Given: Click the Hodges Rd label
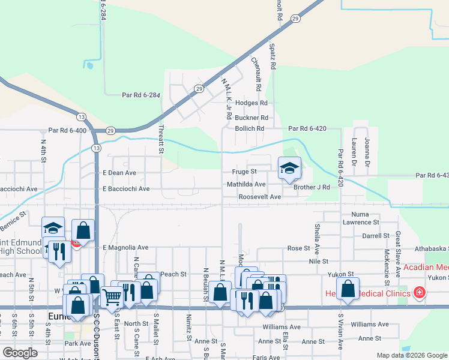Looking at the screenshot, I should [x=251, y=103].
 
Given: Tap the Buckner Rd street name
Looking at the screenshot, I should [x=251, y=118].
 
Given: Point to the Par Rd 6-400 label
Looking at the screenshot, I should [x=68, y=130].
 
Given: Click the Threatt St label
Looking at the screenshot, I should [x=161, y=139].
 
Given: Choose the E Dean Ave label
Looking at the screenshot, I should [x=119, y=173].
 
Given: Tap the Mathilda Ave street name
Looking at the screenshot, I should [x=246, y=184].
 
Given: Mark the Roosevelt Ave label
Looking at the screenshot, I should [x=259, y=197].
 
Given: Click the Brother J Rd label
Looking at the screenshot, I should [x=312, y=187].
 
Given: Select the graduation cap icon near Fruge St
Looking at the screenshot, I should [x=289, y=168].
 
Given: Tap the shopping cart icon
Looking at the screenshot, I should [x=112, y=296].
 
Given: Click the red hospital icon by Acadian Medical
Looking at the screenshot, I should [x=419, y=293].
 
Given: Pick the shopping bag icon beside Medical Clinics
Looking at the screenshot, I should [x=348, y=289].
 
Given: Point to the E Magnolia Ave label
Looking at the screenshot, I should [x=125, y=247].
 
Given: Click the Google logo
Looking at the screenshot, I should [x=19, y=353].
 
